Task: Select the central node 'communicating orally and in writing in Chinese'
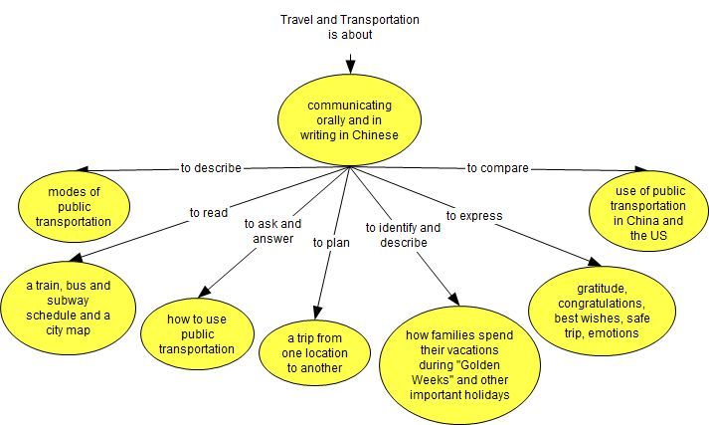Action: (x=350, y=120)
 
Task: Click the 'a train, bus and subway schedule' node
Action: (x=69, y=308)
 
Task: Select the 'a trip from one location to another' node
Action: (x=317, y=352)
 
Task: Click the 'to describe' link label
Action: (x=210, y=168)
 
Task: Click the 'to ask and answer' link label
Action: (x=271, y=230)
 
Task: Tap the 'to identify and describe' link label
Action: (x=403, y=235)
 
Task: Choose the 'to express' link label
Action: (x=474, y=215)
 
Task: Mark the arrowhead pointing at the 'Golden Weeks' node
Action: (x=453, y=301)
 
